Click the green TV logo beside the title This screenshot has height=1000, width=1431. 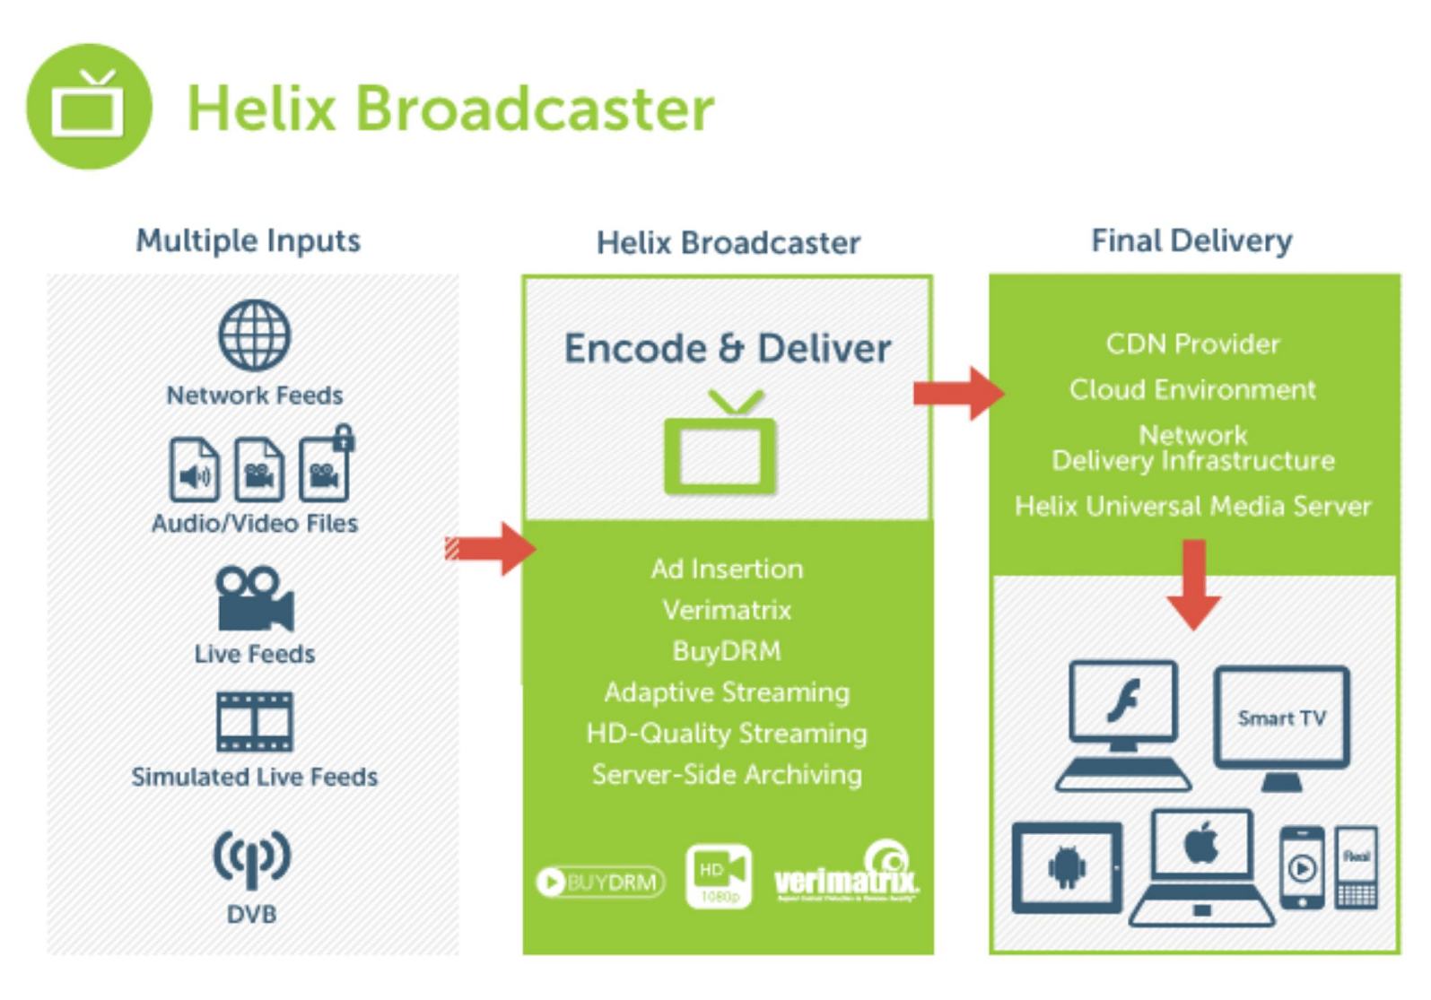click(x=89, y=107)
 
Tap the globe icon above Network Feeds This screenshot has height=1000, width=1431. click(x=255, y=335)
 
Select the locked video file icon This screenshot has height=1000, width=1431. click(x=325, y=467)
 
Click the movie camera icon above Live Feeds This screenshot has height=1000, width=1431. click(x=254, y=599)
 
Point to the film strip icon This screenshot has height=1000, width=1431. click(x=255, y=721)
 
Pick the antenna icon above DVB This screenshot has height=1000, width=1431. click(x=251, y=857)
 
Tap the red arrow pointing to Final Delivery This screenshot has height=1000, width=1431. click(x=958, y=393)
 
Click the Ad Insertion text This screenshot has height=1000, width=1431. click(x=727, y=569)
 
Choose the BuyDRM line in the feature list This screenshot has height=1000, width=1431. click(x=727, y=650)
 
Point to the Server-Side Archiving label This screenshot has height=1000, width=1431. click(x=727, y=774)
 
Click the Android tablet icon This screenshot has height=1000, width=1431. click(x=1067, y=867)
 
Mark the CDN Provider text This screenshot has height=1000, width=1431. click(x=1192, y=343)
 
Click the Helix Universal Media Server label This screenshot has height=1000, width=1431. click(x=1192, y=506)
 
